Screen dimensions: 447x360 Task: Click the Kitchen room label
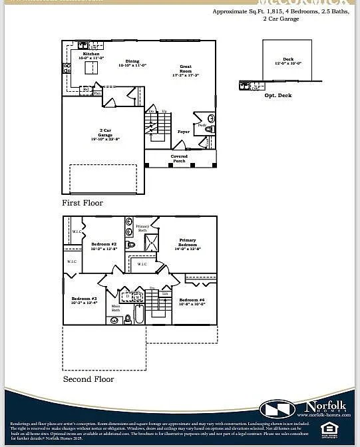tap(90, 54)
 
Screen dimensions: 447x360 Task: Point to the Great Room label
tap(186, 69)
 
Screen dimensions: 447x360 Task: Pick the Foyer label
tap(183, 132)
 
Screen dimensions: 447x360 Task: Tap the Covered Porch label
tap(180, 159)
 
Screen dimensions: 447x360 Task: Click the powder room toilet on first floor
tap(208, 129)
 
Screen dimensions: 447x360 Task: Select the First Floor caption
tap(83, 203)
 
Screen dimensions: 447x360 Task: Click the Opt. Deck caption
tap(278, 95)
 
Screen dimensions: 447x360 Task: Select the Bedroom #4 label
tap(192, 301)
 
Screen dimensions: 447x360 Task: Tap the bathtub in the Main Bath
tap(139, 313)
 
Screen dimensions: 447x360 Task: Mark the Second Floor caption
tap(88, 379)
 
